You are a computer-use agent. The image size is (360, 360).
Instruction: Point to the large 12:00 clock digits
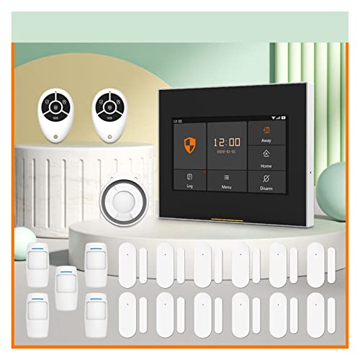click(x=226, y=142)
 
